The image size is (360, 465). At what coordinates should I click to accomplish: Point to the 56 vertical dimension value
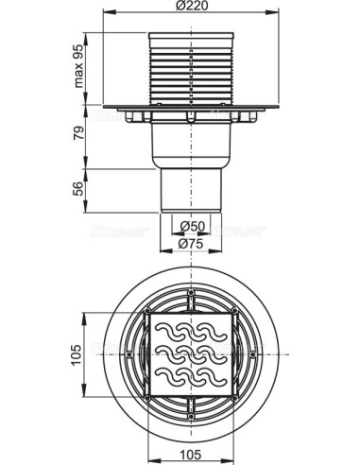point(79,189)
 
